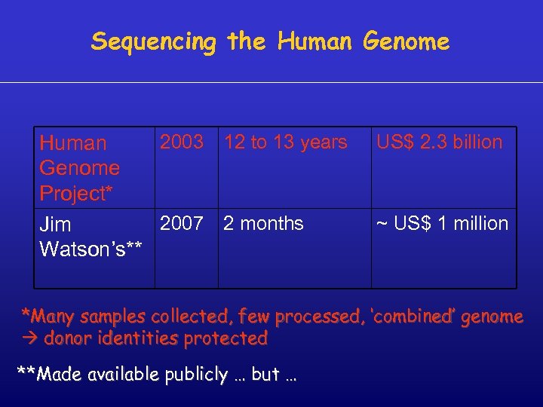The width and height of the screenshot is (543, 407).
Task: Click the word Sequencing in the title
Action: coord(153,42)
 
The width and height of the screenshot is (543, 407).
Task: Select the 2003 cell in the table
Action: coord(182,142)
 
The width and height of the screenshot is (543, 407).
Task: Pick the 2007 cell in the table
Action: coord(182,224)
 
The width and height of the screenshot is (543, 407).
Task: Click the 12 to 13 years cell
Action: coord(286,142)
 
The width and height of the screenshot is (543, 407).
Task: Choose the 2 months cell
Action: coord(264,224)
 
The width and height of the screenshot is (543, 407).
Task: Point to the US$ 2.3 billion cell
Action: coord(440,142)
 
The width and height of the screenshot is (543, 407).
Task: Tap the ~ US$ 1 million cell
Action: coord(443,224)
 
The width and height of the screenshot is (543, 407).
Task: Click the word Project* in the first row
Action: coord(76,194)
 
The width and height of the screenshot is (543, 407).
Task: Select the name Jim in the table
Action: coord(55,225)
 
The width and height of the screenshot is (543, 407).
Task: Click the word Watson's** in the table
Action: coord(90,249)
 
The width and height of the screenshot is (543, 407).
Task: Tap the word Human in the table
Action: coord(73,143)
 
